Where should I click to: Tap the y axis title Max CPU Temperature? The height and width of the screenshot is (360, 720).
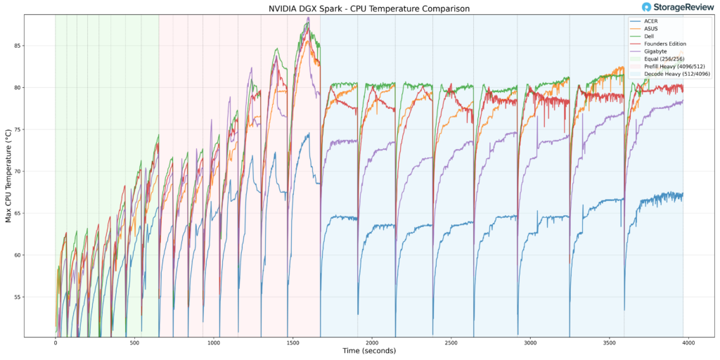pyautogui.click(x=8, y=176)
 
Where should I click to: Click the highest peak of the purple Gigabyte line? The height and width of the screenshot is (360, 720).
pyautogui.click(x=308, y=18)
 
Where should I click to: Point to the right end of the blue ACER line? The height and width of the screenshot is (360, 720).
pyautogui.click(x=683, y=194)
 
